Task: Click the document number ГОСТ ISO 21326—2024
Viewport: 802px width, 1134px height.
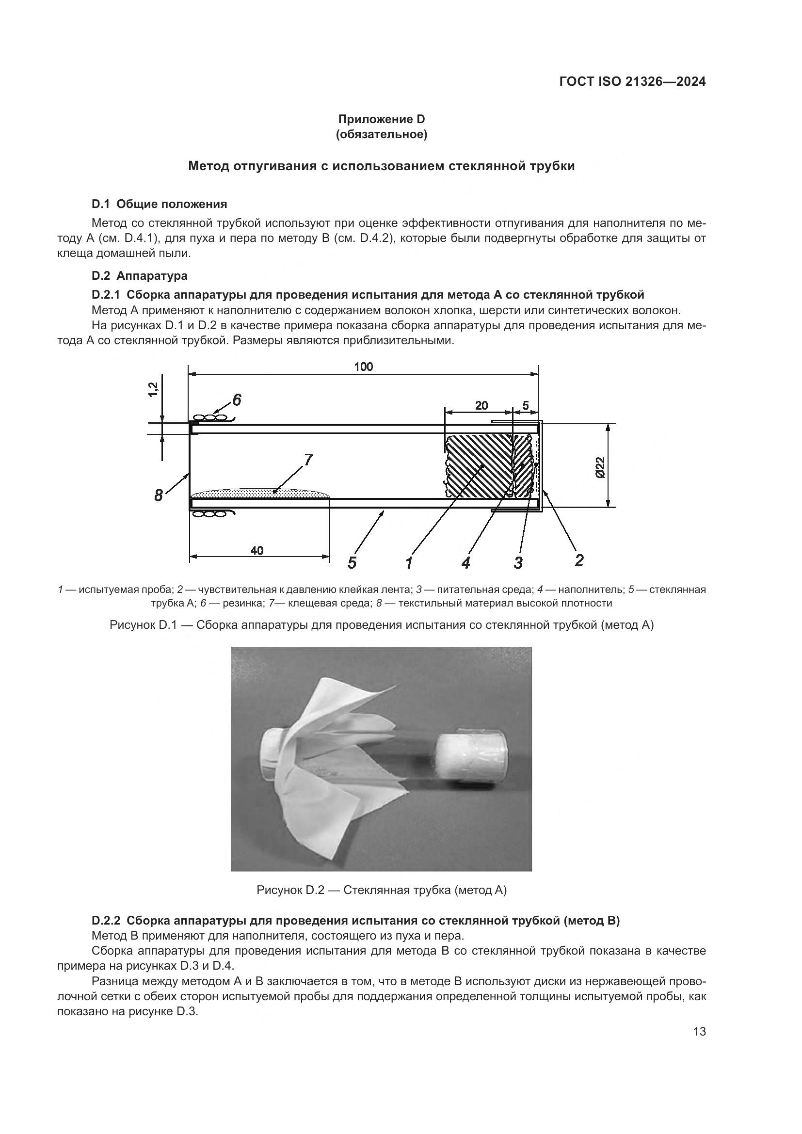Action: (x=632, y=81)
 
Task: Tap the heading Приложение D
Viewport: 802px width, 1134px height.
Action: (x=381, y=119)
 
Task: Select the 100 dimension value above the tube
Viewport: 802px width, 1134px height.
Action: (x=364, y=367)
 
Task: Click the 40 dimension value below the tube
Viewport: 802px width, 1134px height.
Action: (x=257, y=550)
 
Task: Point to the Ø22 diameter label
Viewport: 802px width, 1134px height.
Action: (x=599, y=467)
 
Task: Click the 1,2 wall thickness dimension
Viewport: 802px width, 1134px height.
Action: (x=154, y=389)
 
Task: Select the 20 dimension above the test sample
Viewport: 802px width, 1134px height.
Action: (x=481, y=405)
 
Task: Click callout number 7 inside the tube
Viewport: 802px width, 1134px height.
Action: (x=308, y=460)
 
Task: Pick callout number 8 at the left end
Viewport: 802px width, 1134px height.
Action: (x=158, y=495)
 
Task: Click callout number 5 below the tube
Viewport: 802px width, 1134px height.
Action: (x=352, y=562)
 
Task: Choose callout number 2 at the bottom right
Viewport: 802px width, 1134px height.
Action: (x=579, y=560)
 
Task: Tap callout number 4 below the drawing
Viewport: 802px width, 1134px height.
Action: (x=465, y=562)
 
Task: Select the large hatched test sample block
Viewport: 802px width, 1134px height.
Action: (x=478, y=466)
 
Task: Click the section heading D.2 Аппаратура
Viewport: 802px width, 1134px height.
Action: (x=139, y=275)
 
